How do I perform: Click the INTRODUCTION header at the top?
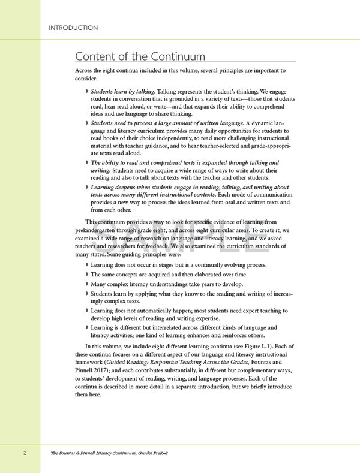click(73, 28)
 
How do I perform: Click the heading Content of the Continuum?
click(140, 57)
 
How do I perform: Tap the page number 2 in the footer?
click(25, 453)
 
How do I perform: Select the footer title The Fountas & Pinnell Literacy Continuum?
click(109, 453)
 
